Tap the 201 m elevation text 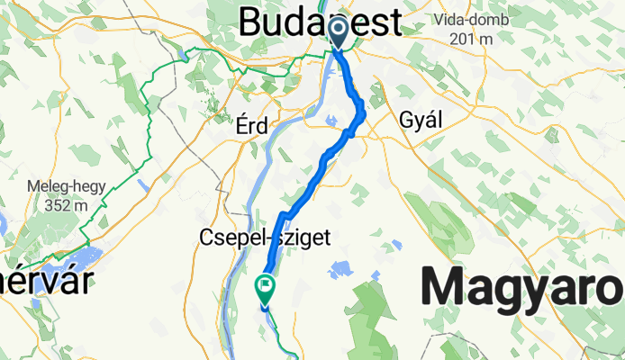[x=475, y=39]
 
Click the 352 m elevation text [x=68, y=205]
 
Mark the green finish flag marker [x=266, y=288]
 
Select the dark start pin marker [x=340, y=33]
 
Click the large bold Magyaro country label [x=522, y=288]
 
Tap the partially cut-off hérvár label [x=45, y=282]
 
